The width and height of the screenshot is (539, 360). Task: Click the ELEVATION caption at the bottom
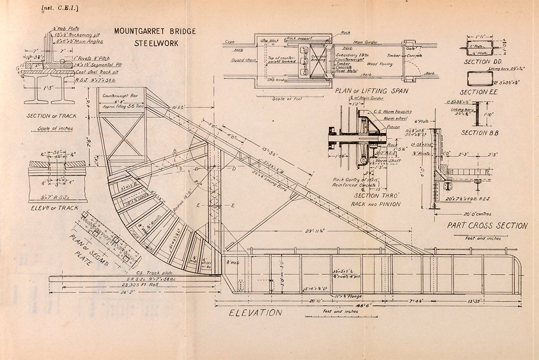click(255, 313)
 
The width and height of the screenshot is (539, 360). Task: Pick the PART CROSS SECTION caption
click(487, 226)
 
